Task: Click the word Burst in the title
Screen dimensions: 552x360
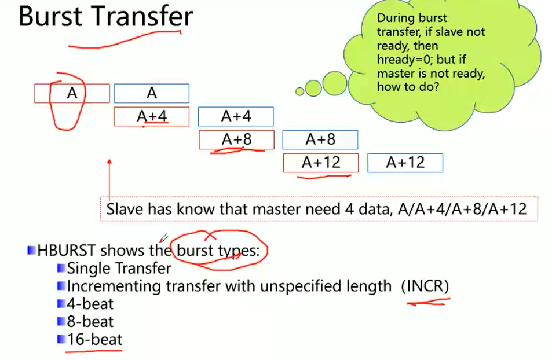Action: pos(50,16)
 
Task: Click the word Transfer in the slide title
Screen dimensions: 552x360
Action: pos(143,16)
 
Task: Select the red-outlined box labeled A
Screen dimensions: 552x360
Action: pos(72,93)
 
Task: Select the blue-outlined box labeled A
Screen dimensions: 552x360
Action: pos(151,93)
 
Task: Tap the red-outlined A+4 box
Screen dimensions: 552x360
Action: pos(151,116)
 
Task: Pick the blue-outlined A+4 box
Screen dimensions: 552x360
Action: pos(236,116)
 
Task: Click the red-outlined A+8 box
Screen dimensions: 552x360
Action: pos(236,139)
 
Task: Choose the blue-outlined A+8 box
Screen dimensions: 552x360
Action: pos(320,139)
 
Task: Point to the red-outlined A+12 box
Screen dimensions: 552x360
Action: pos(321,163)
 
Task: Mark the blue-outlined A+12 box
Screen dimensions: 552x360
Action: pos(405,163)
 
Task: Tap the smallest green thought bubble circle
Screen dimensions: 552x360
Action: pos(299,91)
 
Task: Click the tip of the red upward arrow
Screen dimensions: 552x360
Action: pos(109,159)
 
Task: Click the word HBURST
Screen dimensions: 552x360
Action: pos(66,251)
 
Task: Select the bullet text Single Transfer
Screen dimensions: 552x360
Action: pos(119,269)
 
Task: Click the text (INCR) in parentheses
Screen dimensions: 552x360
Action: pos(425,286)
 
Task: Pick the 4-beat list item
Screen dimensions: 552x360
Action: pos(90,304)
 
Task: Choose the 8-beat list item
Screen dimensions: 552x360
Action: pos(90,322)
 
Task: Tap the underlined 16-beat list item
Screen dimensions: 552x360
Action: pos(94,340)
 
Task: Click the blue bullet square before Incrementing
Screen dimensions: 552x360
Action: pos(61,286)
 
